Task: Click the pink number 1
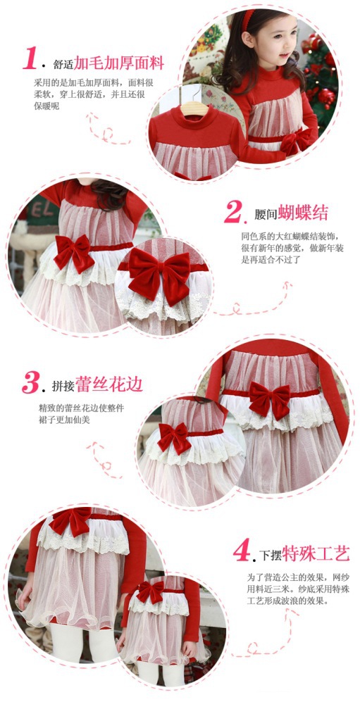tap(30, 58)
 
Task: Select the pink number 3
tap(31, 383)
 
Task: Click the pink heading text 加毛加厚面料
tap(119, 63)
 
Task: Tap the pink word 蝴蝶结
tap(303, 213)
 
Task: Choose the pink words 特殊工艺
tap(316, 553)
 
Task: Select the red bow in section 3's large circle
tap(269, 399)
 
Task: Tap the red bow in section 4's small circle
tap(150, 591)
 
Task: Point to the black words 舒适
tap(63, 64)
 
